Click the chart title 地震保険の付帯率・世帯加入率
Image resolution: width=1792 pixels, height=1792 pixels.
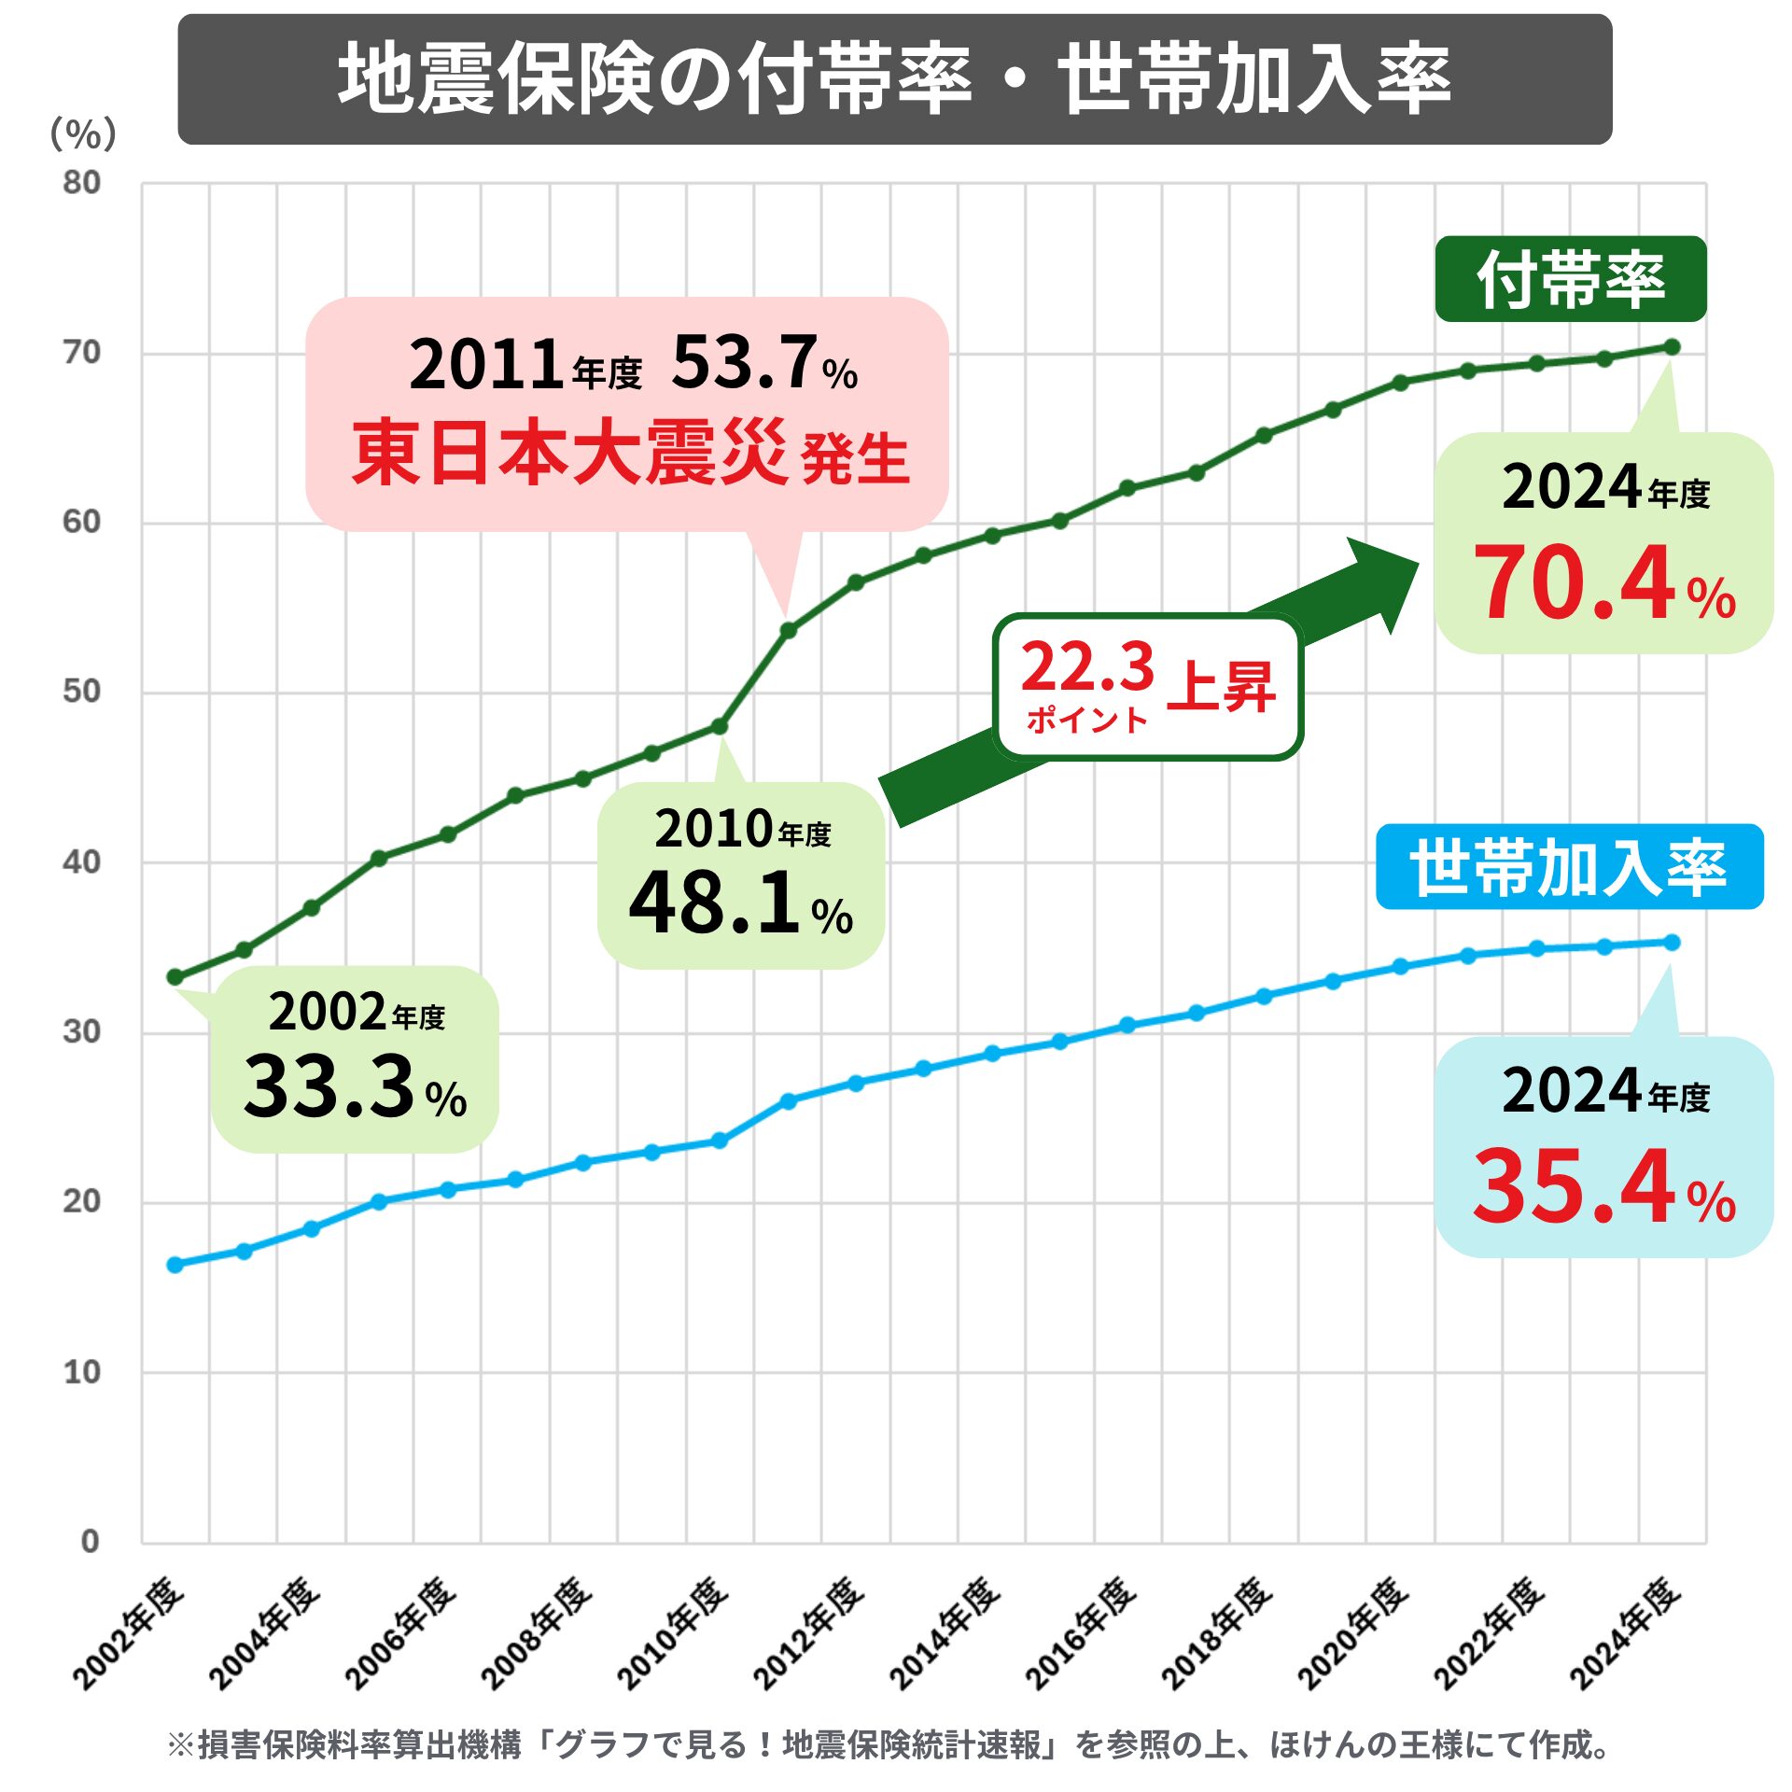pos(894,79)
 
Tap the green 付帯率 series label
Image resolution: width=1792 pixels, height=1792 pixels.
pos(1570,279)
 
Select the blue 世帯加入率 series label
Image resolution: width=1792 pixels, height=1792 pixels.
pos(1569,866)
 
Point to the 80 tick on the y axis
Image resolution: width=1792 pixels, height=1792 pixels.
pos(82,183)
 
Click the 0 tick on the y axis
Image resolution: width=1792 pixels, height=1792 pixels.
pos(90,1541)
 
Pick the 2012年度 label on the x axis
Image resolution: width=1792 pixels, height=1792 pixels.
pos(808,1634)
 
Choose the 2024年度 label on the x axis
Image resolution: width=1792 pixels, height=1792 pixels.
pos(1625,1634)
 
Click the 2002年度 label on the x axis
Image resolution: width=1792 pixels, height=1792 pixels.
pos(129,1634)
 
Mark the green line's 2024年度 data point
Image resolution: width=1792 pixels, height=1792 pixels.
pos(1672,347)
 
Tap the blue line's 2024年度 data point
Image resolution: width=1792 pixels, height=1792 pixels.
pos(1672,943)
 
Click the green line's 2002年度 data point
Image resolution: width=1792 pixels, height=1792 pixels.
pos(175,977)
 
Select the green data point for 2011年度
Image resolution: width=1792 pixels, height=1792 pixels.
pos(788,631)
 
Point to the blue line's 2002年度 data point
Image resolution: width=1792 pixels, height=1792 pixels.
pos(175,1265)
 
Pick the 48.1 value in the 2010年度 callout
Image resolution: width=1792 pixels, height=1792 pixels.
pos(714,903)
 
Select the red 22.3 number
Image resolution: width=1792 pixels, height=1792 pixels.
pos(1087,666)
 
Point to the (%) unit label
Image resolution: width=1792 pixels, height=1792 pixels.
pos(83,134)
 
